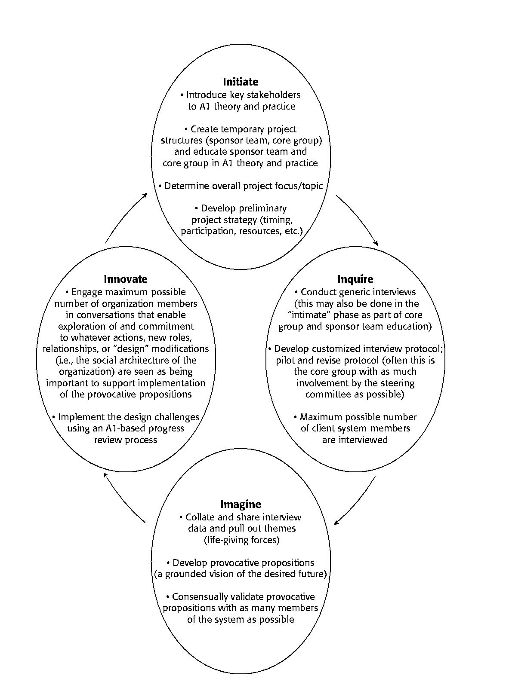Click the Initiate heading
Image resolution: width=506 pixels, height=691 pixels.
tap(241, 82)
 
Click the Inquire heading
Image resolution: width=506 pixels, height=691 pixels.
tap(355, 279)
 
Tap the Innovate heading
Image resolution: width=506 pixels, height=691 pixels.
tap(125, 279)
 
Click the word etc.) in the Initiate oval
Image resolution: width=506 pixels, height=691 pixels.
tap(294, 231)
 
